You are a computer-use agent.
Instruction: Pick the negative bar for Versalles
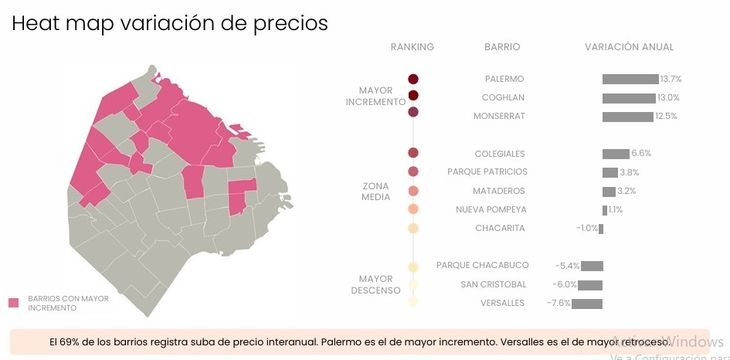[589, 303]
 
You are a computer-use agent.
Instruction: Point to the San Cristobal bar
[593, 285]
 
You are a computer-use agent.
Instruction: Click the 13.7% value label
[671, 79]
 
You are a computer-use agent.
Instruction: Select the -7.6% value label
[558, 303]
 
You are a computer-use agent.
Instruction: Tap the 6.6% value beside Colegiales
[641, 154]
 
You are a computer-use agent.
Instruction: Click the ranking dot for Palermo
[413, 79]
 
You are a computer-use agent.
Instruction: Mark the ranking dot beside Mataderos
[413, 191]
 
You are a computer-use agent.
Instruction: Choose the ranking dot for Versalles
[413, 302]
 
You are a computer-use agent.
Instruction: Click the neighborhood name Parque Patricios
[487, 172]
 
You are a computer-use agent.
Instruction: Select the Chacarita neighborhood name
[500, 229]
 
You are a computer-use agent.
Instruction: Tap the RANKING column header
[412, 47]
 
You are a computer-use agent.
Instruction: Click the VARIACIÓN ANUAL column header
[629, 47]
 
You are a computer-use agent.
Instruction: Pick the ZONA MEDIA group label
[376, 191]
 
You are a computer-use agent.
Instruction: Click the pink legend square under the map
[14, 303]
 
